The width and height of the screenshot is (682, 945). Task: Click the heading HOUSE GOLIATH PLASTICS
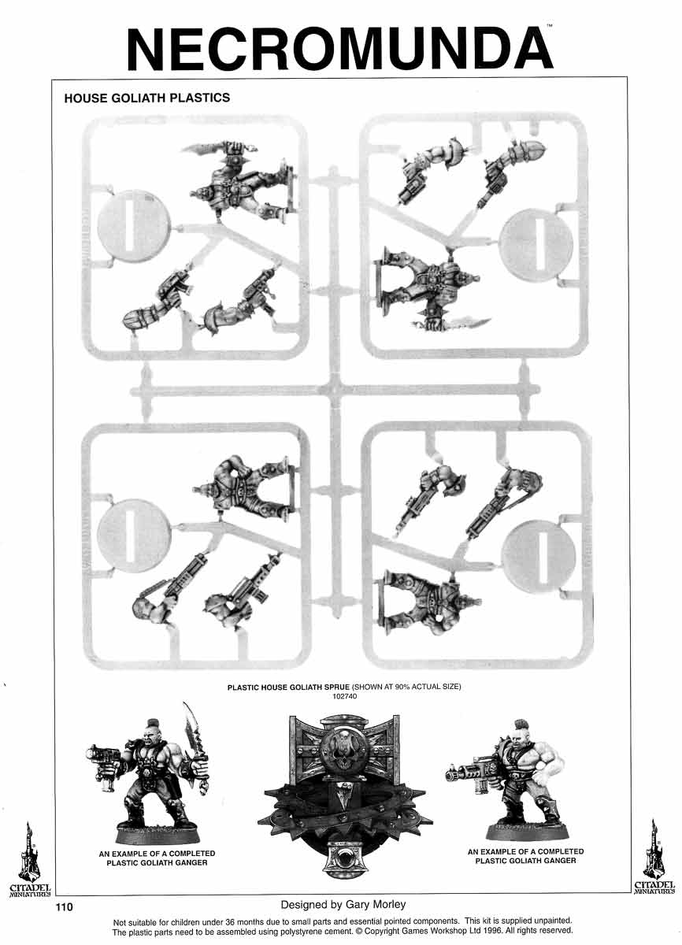(146, 98)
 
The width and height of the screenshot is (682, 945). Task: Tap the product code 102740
(344, 696)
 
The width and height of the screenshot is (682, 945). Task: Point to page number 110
(64, 907)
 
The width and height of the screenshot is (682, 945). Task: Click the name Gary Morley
(370, 904)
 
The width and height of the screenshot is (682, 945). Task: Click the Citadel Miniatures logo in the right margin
(654, 858)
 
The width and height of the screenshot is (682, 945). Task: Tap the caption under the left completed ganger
(157, 858)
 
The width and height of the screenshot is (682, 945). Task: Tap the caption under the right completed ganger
(525, 856)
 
